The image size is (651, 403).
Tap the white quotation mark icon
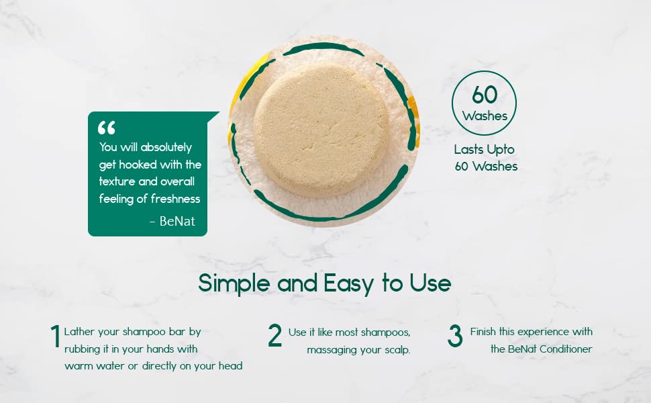pyautogui.click(x=107, y=127)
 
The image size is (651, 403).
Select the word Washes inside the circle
pyautogui.click(x=485, y=116)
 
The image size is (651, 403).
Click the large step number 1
pyautogui.click(x=55, y=337)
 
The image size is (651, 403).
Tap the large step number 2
pyautogui.click(x=274, y=336)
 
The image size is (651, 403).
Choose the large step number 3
pyautogui.click(x=455, y=337)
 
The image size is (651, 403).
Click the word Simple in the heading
pyautogui.click(x=235, y=283)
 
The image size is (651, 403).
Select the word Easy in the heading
pyautogui.click(x=348, y=283)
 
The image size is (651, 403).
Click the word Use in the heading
pyautogui.click(x=430, y=283)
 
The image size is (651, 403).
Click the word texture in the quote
pyautogui.click(x=119, y=181)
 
